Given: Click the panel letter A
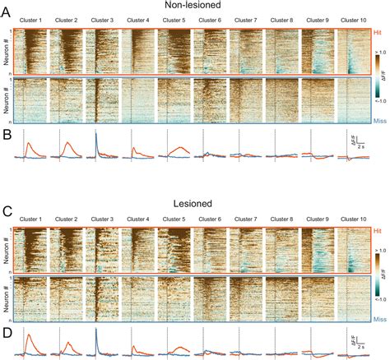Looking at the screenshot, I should tap(7, 7).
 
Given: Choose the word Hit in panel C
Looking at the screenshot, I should tap(378, 232).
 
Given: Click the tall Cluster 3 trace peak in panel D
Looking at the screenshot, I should tap(96, 331).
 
